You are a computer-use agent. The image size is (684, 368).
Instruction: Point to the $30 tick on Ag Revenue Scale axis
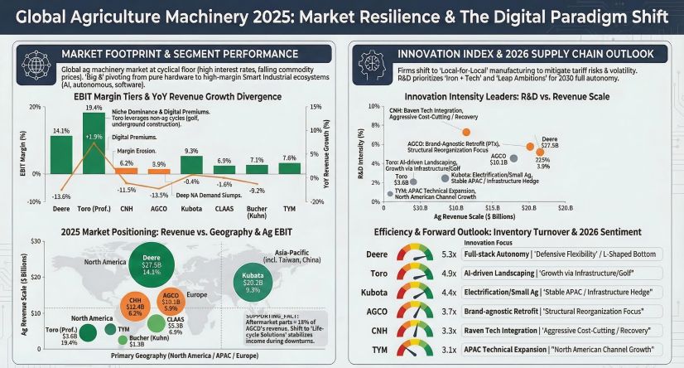(35, 240)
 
